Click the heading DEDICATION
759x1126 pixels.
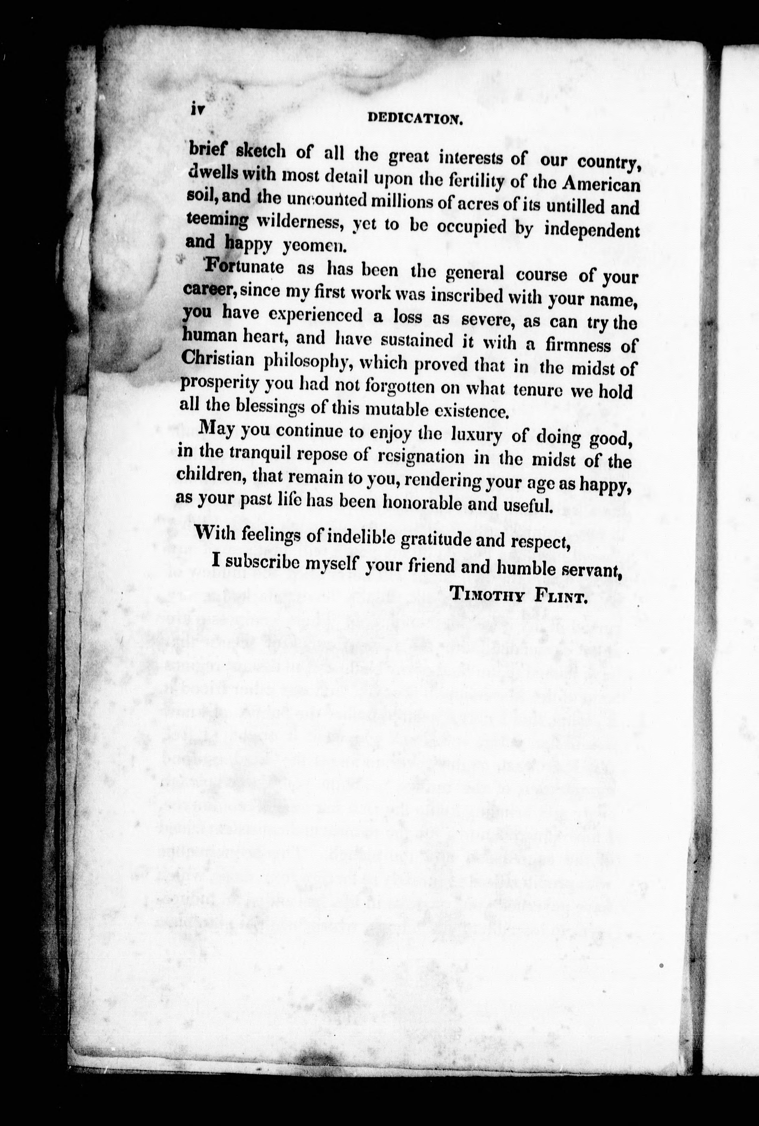click(415, 118)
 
